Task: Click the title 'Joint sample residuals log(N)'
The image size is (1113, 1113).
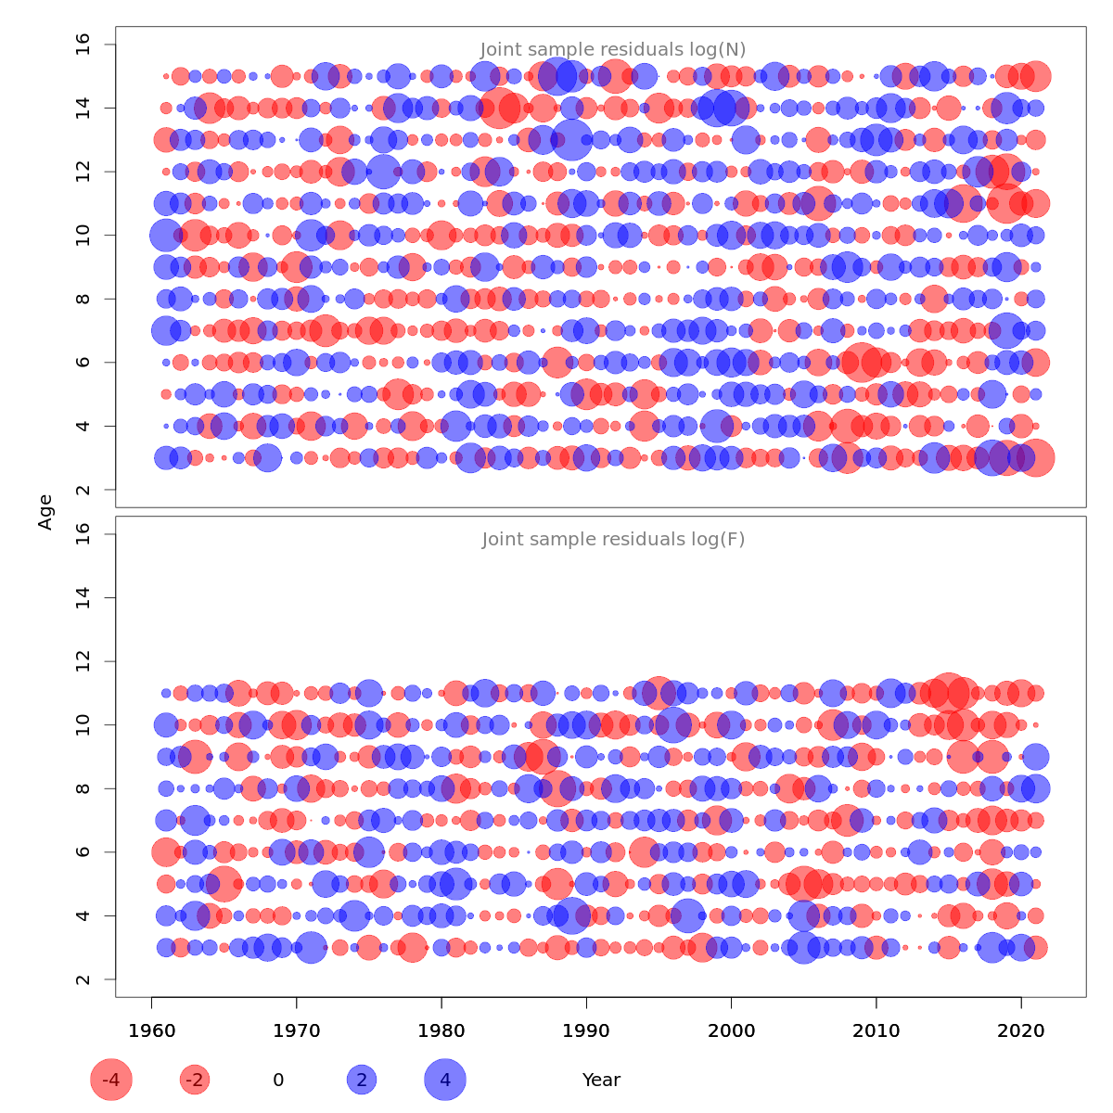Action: [613, 50]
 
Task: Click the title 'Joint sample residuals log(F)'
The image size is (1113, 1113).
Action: [613, 540]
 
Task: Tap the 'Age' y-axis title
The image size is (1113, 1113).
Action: [45, 512]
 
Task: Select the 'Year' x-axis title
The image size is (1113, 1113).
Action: [601, 1080]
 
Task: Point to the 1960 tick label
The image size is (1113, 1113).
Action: [152, 1031]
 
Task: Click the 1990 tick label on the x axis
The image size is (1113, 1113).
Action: [586, 1031]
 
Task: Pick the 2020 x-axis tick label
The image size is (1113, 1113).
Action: [1021, 1031]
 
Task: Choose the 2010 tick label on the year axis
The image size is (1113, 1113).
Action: [876, 1031]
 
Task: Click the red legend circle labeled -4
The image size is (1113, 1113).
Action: [111, 1080]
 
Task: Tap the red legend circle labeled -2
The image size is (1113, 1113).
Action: [195, 1080]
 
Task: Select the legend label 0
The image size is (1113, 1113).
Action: [278, 1080]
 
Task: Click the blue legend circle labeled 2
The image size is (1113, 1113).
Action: [362, 1080]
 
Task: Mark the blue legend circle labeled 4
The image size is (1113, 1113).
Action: [445, 1080]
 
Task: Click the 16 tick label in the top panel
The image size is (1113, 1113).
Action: [83, 45]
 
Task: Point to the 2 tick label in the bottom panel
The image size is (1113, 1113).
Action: [83, 979]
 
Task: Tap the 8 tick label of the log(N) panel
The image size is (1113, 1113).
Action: [83, 299]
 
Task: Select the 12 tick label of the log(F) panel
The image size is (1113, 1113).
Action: [83, 661]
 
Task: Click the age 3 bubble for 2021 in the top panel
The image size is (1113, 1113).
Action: [1036, 457]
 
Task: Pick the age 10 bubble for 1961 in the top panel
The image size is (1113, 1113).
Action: [166, 236]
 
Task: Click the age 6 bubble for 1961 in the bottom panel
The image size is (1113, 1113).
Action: [166, 851]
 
